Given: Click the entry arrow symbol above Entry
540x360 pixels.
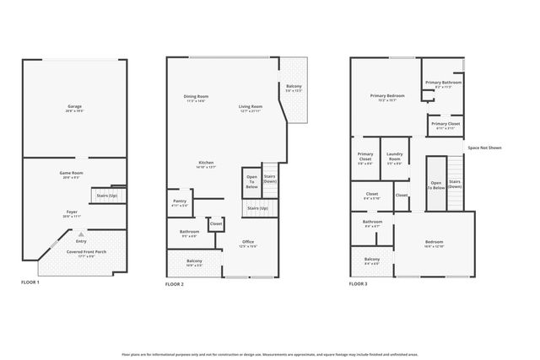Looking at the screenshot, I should (x=81, y=234).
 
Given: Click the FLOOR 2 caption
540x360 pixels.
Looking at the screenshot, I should (x=174, y=285).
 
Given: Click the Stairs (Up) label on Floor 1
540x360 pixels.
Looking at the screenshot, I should (x=106, y=195).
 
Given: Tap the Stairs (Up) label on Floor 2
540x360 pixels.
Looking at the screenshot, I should (x=257, y=208).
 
